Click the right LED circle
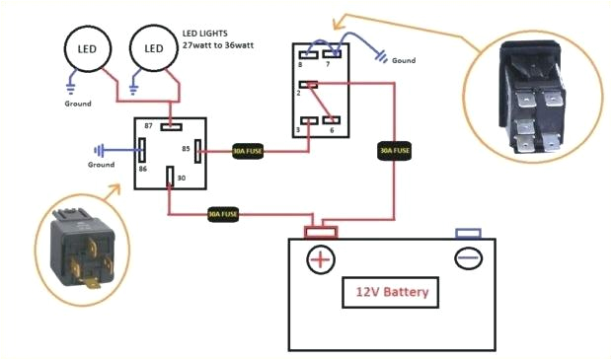(154, 48)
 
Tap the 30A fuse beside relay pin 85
(247, 151)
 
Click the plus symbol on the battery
(321, 259)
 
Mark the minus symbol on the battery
(467, 258)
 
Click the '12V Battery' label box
(392, 293)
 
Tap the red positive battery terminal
(321, 233)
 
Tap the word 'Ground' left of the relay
(102, 165)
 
